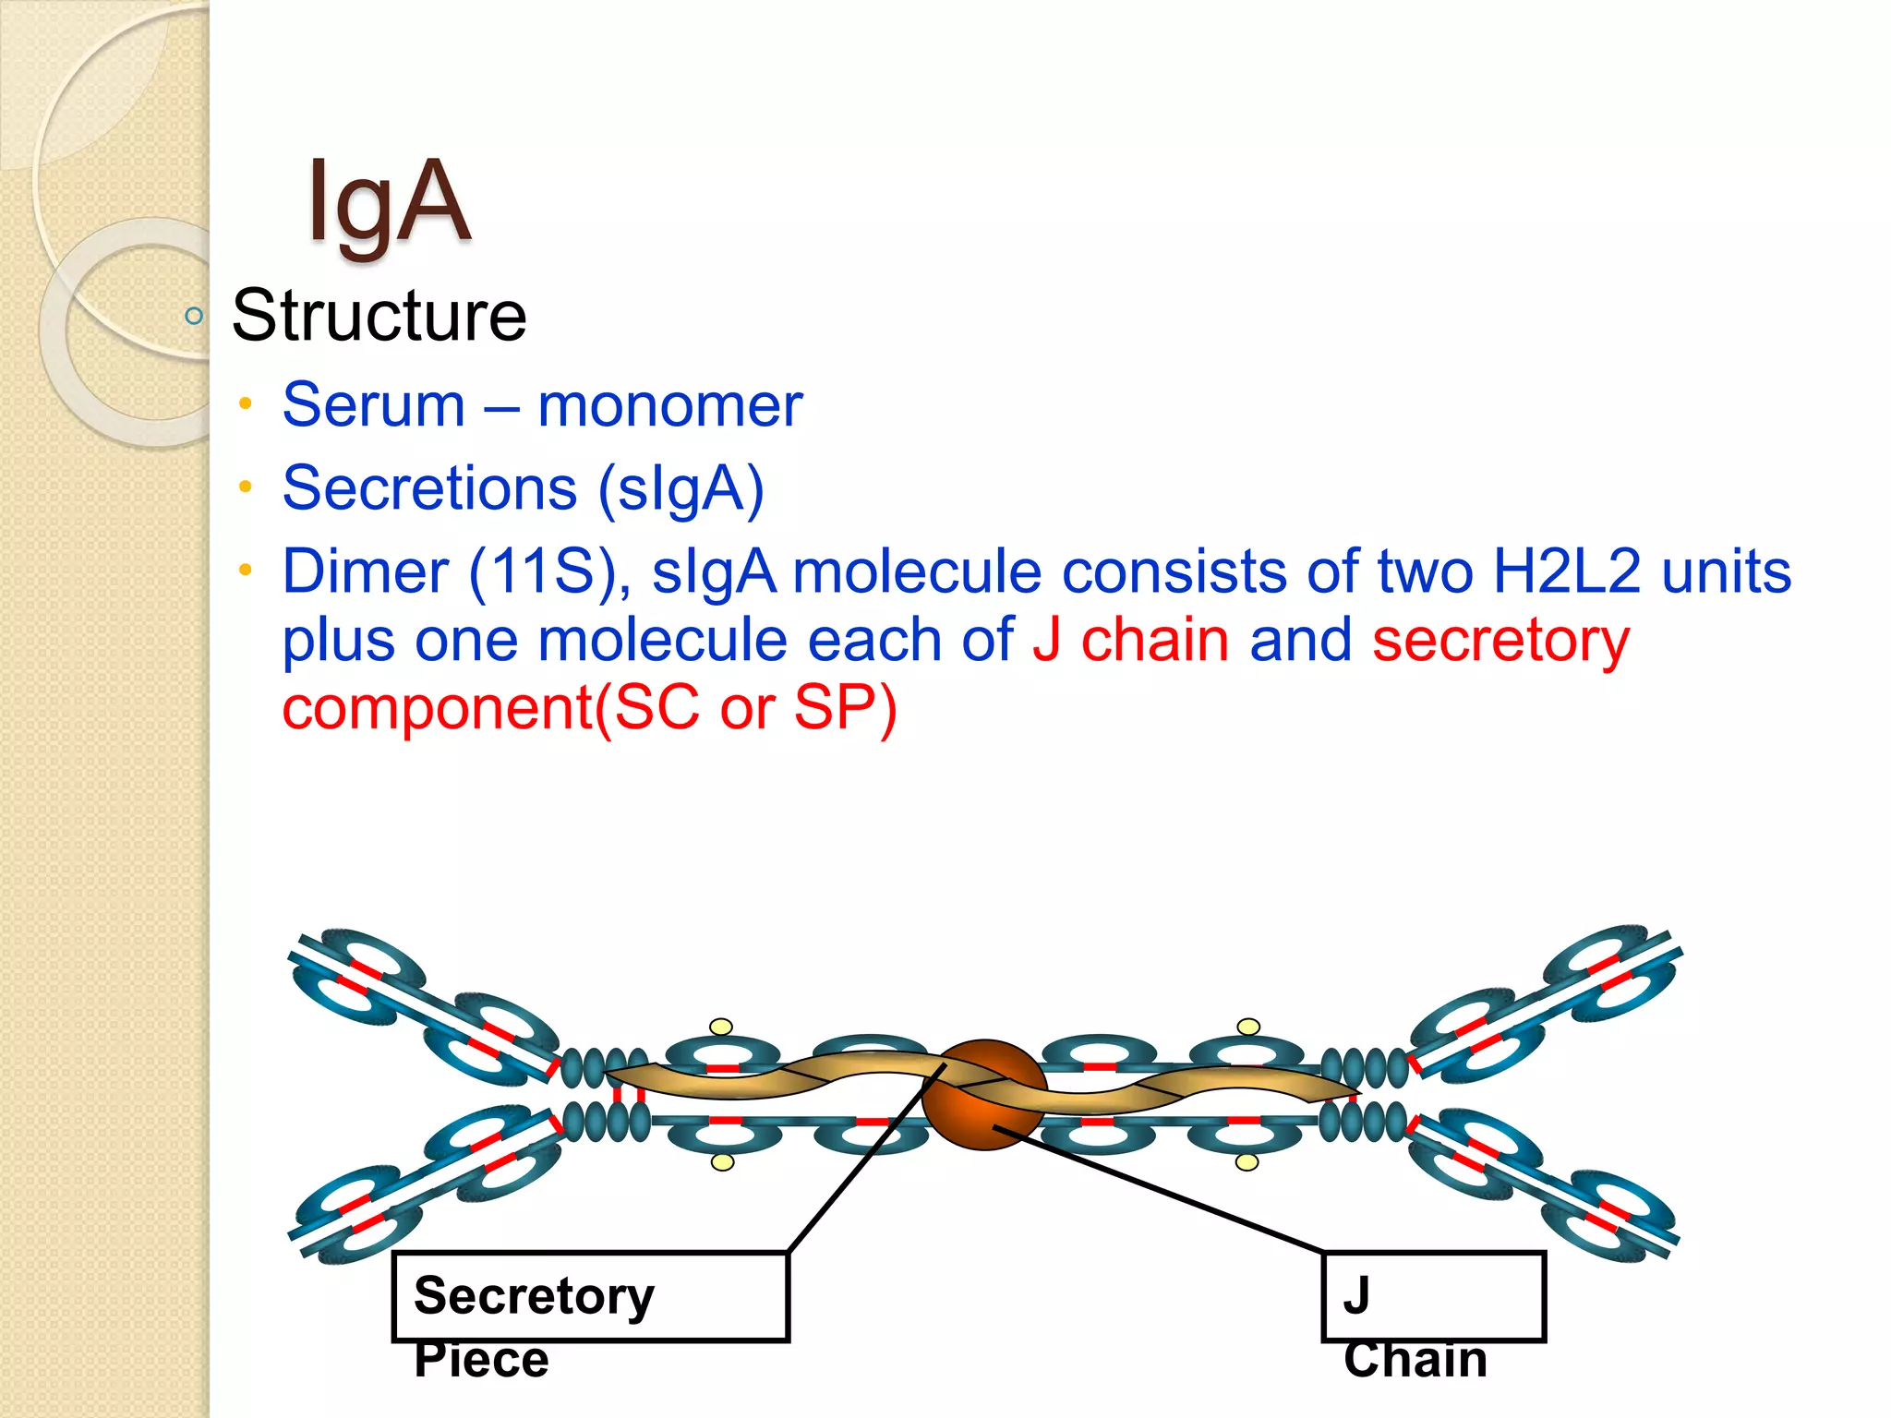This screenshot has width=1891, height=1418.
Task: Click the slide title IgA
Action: (389, 203)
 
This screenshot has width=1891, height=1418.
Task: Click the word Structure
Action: (379, 316)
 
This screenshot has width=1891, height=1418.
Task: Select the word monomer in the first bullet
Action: (669, 405)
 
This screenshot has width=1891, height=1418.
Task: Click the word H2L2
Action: (1566, 571)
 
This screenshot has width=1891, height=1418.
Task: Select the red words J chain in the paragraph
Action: (1130, 640)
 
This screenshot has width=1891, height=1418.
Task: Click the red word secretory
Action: (1500, 640)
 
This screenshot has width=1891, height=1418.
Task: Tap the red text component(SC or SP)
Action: (589, 708)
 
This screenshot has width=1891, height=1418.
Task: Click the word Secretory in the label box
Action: (534, 1296)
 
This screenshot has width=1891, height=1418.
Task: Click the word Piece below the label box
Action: (481, 1360)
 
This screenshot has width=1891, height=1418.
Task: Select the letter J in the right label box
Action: (1355, 1295)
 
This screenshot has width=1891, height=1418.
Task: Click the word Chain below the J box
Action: (1415, 1360)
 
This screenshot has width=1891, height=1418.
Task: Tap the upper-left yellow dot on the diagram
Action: (721, 1027)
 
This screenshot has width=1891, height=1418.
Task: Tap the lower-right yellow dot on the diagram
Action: (1247, 1162)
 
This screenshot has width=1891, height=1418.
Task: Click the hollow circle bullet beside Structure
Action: (194, 317)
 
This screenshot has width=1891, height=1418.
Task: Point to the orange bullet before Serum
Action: (245, 403)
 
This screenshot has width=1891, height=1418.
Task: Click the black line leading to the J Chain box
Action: (1163, 1191)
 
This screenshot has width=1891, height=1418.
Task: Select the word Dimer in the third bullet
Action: (365, 571)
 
